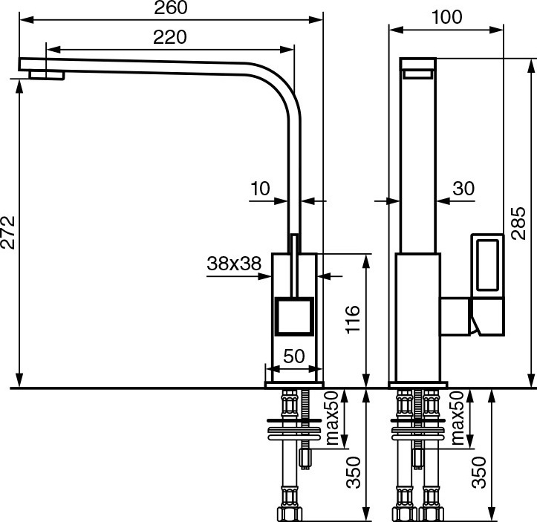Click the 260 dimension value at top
tap(171, 8)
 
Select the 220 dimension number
tap(170, 37)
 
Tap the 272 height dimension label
tap(8, 232)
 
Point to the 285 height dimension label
tap(518, 223)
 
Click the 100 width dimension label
tap(447, 17)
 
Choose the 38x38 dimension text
tap(234, 264)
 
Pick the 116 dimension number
tap(353, 319)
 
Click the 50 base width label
tap(294, 356)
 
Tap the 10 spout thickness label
tap(260, 189)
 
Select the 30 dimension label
tap(463, 189)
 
